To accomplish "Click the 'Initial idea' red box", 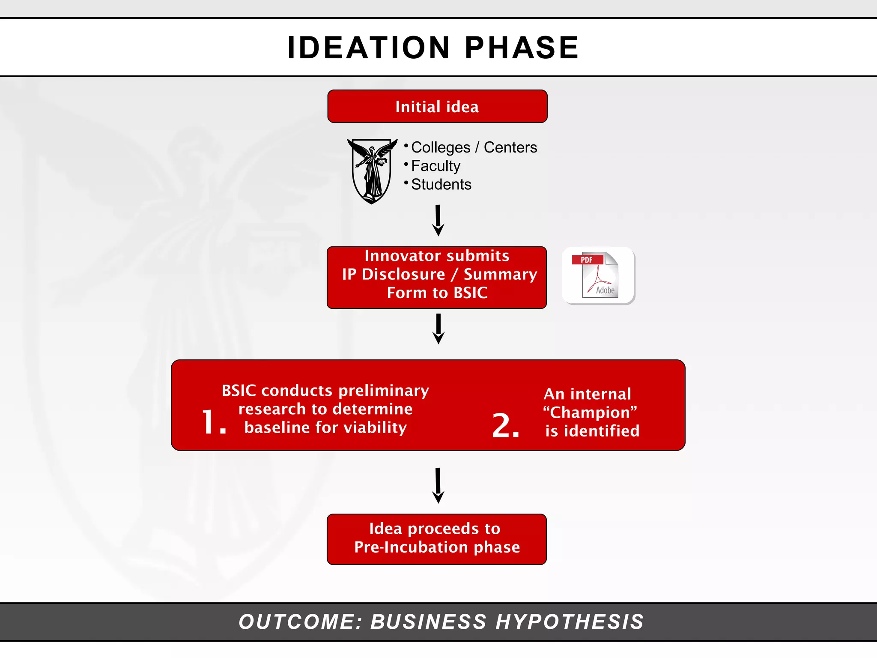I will point(437,107).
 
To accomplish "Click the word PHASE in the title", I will point(522,48).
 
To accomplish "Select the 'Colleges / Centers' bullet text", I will point(474,147).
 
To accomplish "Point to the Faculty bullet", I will point(436,166).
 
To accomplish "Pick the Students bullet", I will point(441,184).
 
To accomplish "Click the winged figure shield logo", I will point(372,170).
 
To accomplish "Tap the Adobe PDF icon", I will point(599,275).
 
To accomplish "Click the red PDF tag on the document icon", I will point(587,260).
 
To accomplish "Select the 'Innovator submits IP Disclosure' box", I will point(437,277).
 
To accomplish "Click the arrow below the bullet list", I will point(438,221).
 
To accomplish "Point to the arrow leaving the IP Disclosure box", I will point(438,329).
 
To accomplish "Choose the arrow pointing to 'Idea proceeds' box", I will point(438,485).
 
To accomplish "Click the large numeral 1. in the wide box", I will point(213,422).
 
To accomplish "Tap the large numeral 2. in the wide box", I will point(506,425).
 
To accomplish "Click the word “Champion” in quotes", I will point(590,413).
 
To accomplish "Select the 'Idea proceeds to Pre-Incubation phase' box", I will point(437,539).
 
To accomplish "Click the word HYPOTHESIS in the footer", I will point(570,622).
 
